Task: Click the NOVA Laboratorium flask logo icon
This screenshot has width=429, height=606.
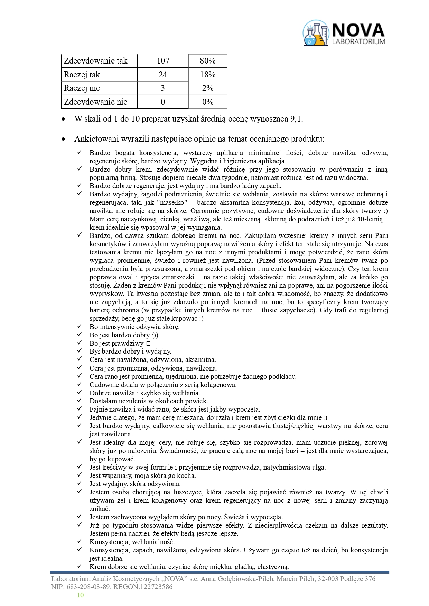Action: pyautogui.click(x=315, y=33)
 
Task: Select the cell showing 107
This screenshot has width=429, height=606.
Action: pyautogui.click(x=163, y=61)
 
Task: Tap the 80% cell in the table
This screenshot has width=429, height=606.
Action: pyautogui.click(x=208, y=61)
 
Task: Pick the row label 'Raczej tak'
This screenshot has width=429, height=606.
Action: pyautogui.click(x=82, y=75)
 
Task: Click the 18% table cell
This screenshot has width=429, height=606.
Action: pyautogui.click(x=208, y=75)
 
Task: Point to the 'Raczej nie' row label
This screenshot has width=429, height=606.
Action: pyautogui.click(x=82, y=88)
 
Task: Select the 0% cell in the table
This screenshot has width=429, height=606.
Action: pyautogui.click(x=208, y=102)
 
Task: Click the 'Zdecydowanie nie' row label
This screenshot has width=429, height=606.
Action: pyautogui.click(x=95, y=102)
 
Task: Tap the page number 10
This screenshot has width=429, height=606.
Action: pyautogui.click(x=80, y=595)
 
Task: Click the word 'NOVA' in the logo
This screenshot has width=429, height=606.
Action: pyautogui.click(x=358, y=30)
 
